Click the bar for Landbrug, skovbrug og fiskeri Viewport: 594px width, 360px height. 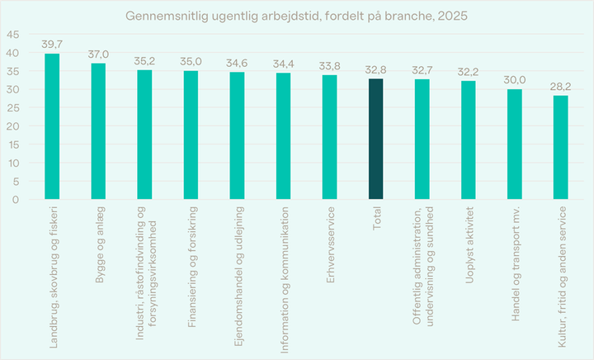pyautogui.click(x=52, y=126)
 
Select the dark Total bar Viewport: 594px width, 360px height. pyautogui.click(x=376, y=139)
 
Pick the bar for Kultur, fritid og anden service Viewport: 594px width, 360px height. pyautogui.click(x=561, y=147)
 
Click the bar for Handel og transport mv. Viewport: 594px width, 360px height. pyautogui.click(x=515, y=144)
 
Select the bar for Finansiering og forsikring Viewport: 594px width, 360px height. pyautogui.click(x=191, y=135)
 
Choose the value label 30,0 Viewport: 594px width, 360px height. pyautogui.click(x=515, y=81)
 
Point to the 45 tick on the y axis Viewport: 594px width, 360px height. pyautogui.click(x=14, y=35)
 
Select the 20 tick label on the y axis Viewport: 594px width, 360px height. pyautogui.click(x=14, y=126)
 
